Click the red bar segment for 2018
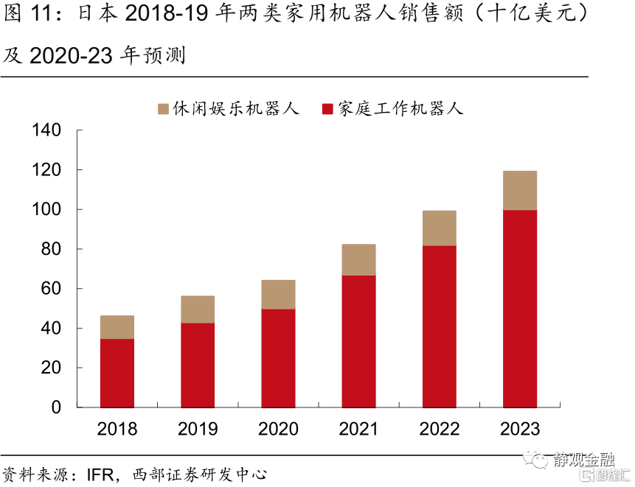click(x=117, y=373)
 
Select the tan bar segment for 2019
click(x=198, y=309)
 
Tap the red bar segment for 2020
click(x=278, y=358)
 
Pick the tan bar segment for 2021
click(x=358, y=260)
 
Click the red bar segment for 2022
click(x=439, y=326)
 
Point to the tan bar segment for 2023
click(x=519, y=191)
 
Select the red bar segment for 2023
click(x=519, y=309)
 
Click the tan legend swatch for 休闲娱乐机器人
click(x=164, y=110)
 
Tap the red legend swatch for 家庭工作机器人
click(x=329, y=110)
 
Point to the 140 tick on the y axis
click(x=46, y=130)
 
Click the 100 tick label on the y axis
click(x=46, y=210)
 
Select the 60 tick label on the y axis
click(x=52, y=289)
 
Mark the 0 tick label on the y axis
click(x=57, y=407)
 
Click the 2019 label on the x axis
click(x=198, y=429)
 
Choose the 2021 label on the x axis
click(x=358, y=429)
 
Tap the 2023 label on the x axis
click(x=519, y=429)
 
